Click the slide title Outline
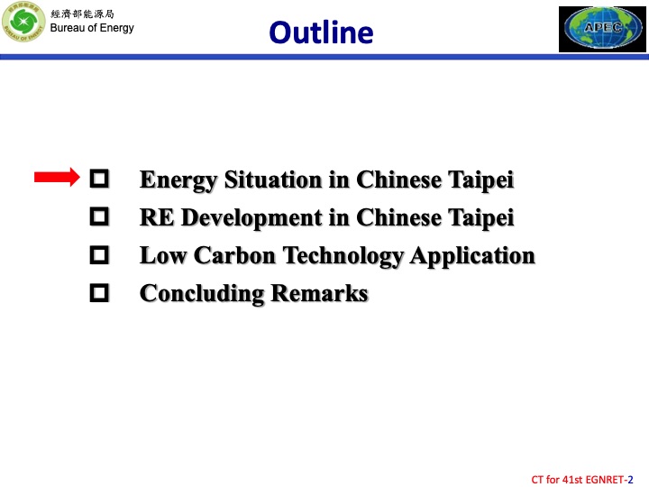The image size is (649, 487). point(321,32)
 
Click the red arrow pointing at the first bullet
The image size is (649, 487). point(58,179)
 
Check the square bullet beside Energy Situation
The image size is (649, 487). point(100,179)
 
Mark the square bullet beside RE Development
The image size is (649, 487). point(100,217)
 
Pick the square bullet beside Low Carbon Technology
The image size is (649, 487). point(100,255)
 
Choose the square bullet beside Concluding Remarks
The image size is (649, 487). point(100,293)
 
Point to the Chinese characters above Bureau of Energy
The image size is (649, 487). point(81,14)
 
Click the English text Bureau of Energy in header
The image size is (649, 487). point(91,28)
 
